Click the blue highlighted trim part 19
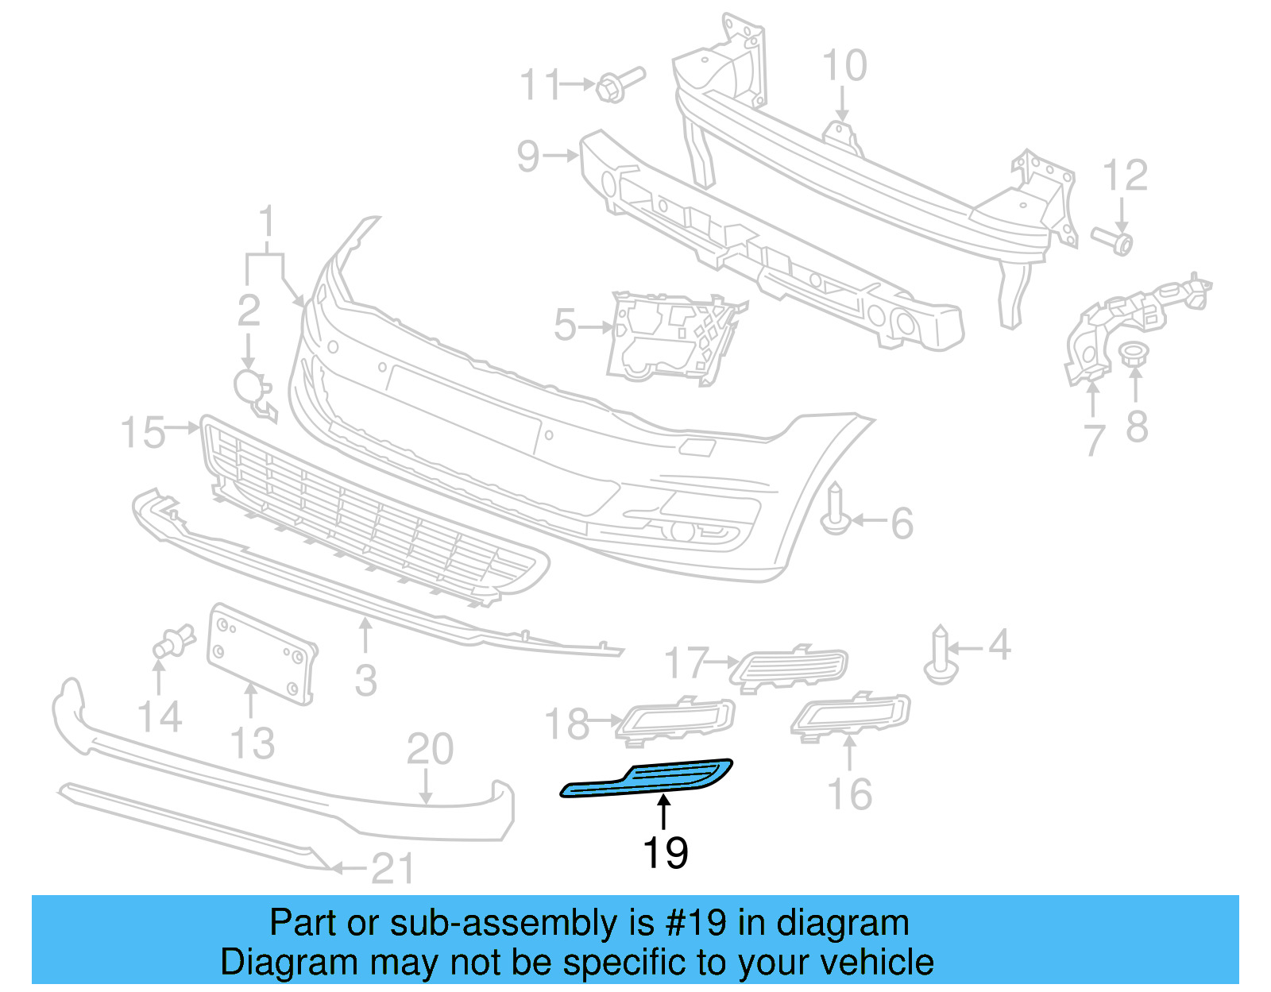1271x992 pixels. (x=647, y=780)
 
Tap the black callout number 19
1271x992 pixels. (x=665, y=854)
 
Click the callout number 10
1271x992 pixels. (x=844, y=66)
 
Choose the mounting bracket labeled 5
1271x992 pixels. (x=667, y=337)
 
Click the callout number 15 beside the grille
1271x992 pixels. (x=142, y=433)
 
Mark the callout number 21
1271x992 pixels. (x=392, y=869)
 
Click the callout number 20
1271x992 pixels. (x=430, y=749)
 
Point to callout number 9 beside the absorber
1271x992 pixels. (x=528, y=156)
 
